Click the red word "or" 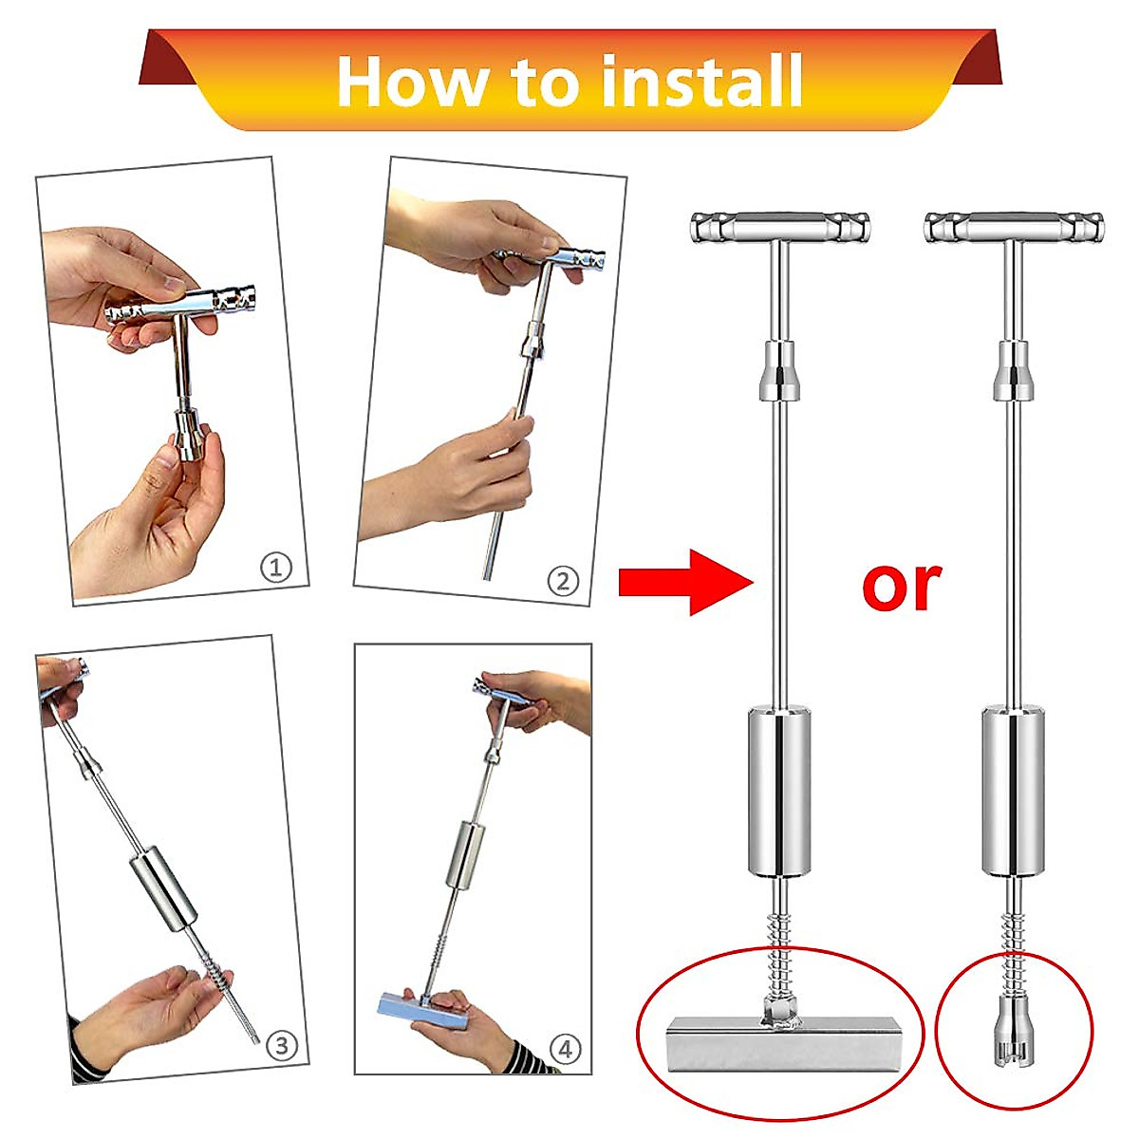[x=901, y=586]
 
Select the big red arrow [x=685, y=582]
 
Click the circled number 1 [x=276, y=568]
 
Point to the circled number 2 [x=563, y=581]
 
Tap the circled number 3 [x=281, y=1046]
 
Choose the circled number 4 [x=565, y=1049]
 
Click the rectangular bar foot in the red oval [x=783, y=1042]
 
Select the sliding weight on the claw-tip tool [x=1013, y=791]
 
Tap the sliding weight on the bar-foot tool [x=779, y=791]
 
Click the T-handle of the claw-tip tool [x=1014, y=228]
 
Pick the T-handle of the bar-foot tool [x=780, y=228]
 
